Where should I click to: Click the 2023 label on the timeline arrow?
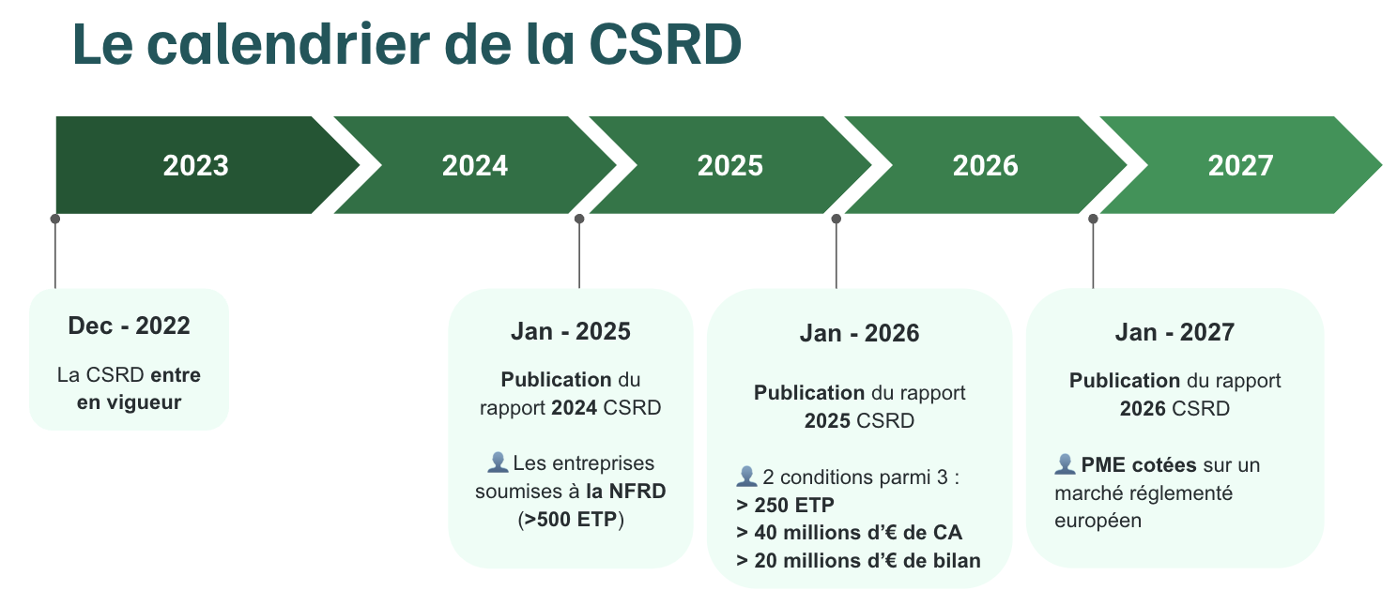[195, 166]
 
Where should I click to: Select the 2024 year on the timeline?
[474, 166]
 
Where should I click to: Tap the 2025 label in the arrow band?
[729, 166]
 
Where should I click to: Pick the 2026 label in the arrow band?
[985, 166]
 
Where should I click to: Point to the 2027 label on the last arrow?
[1240, 166]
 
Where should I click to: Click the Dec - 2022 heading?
[129, 326]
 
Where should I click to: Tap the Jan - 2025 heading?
[570, 331]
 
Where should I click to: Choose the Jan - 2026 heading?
[859, 333]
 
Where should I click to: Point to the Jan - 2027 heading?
[1174, 332]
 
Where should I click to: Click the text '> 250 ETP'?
[785, 505]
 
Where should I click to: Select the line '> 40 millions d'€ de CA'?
[850, 533]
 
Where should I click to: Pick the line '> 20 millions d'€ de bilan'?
[858, 561]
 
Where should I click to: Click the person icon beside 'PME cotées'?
[1065, 464]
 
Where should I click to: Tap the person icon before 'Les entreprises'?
[498, 462]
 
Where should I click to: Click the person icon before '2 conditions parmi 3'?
[746, 477]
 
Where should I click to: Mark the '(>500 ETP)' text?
[570, 519]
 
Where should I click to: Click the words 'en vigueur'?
[129, 402]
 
